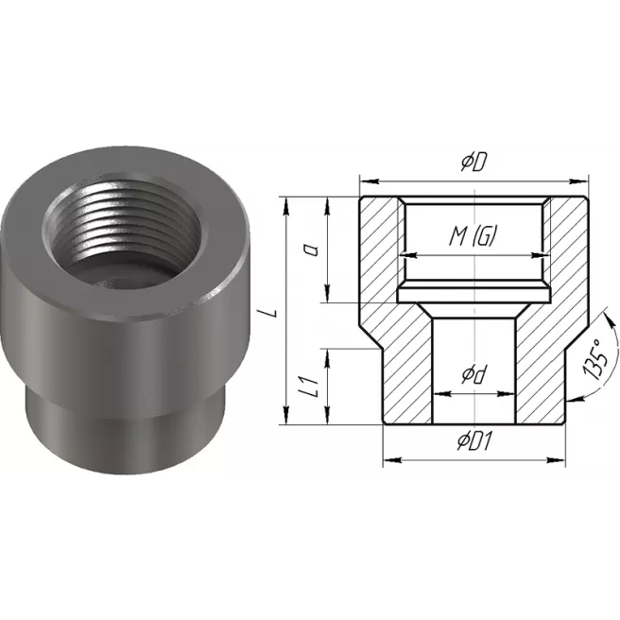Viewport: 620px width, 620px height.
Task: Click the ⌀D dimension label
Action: (474, 163)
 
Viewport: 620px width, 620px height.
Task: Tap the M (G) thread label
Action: (473, 236)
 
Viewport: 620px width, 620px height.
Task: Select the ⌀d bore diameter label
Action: (474, 375)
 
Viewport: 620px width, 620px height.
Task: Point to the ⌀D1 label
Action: (474, 440)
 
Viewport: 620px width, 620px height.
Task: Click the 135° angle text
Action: (595, 360)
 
